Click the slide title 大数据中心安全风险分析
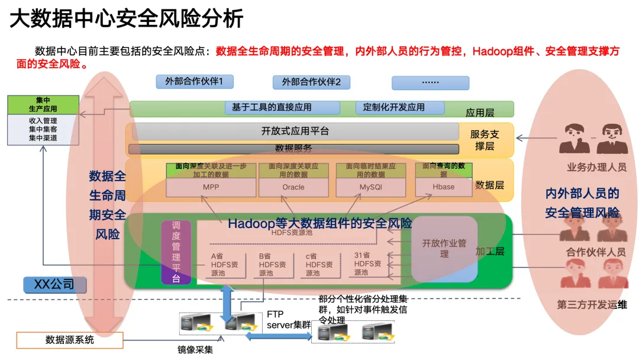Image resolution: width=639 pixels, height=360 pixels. pyautogui.click(x=127, y=19)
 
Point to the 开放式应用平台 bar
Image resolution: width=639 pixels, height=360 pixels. pyautogui.click(x=295, y=131)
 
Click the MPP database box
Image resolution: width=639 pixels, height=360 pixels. pyautogui.click(x=211, y=187)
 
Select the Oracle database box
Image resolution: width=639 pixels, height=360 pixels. pyautogui.click(x=293, y=187)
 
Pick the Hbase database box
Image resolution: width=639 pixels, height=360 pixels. pyautogui.click(x=444, y=187)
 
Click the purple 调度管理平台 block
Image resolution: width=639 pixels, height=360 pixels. pyautogui.click(x=176, y=252)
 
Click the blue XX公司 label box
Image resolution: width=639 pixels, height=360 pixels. pyautogui.click(x=54, y=285)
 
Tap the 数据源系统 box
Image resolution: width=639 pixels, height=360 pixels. pyautogui.click(x=70, y=340)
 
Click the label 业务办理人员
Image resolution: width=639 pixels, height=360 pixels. pyautogui.click(x=596, y=168)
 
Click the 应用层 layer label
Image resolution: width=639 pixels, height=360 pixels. pyautogui.click(x=480, y=111)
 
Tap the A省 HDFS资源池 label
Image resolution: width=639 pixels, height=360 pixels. pyautogui.click(x=224, y=264)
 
